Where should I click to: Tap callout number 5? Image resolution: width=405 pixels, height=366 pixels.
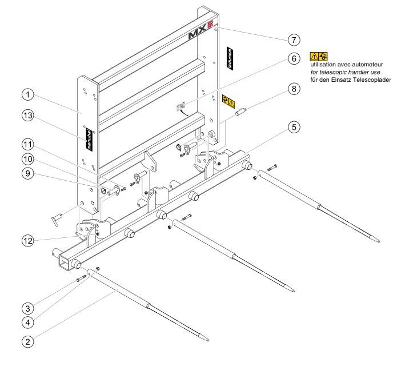tap(295, 128)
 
